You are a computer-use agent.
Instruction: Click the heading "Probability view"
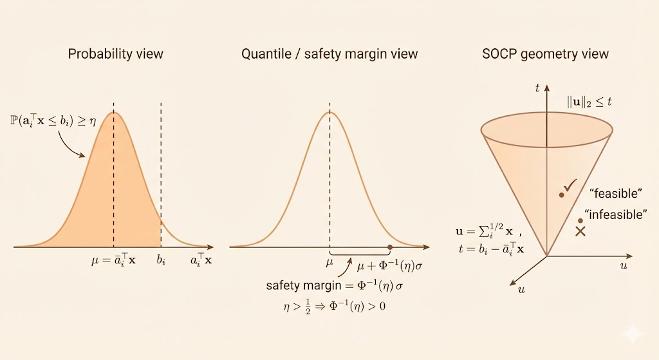[115, 53]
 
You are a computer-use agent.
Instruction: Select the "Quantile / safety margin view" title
[329, 53]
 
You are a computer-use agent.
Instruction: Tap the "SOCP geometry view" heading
[545, 53]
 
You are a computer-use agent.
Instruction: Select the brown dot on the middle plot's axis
[390, 247]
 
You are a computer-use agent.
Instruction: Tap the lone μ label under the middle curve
[329, 261]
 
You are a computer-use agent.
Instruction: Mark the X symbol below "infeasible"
[580, 231]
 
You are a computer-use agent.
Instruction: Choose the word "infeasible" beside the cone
[615, 214]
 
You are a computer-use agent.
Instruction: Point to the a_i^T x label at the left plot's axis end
[201, 261]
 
